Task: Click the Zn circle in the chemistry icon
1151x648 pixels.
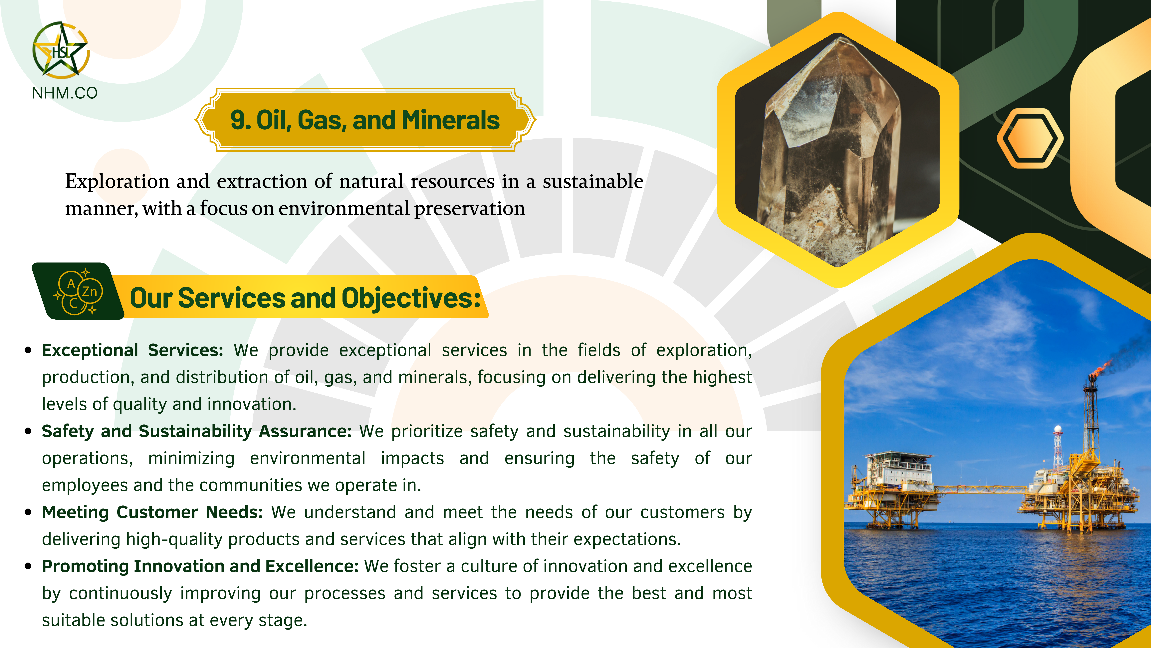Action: pyautogui.click(x=90, y=292)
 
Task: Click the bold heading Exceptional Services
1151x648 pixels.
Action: pyautogui.click(x=132, y=350)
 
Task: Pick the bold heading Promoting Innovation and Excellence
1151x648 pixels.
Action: pyautogui.click(x=200, y=566)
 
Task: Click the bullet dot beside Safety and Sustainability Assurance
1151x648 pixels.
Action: pyautogui.click(x=28, y=432)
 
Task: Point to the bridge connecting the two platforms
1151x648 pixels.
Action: pyautogui.click(x=981, y=489)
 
